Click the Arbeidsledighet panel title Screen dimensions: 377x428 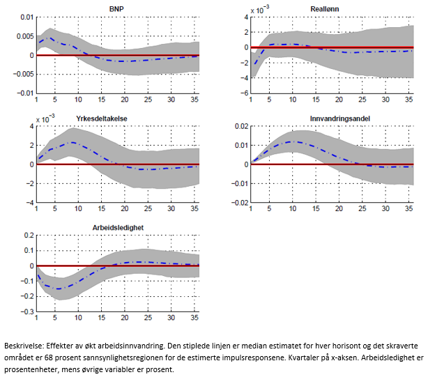click(118, 227)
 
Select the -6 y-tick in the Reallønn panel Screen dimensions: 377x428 click(245, 93)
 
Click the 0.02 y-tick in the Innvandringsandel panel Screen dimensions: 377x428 click(238, 126)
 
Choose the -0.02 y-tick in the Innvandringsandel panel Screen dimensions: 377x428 click(237, 203)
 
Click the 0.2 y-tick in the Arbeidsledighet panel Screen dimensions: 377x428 click(27, 236)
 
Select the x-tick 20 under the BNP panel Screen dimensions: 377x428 click(125, 100)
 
